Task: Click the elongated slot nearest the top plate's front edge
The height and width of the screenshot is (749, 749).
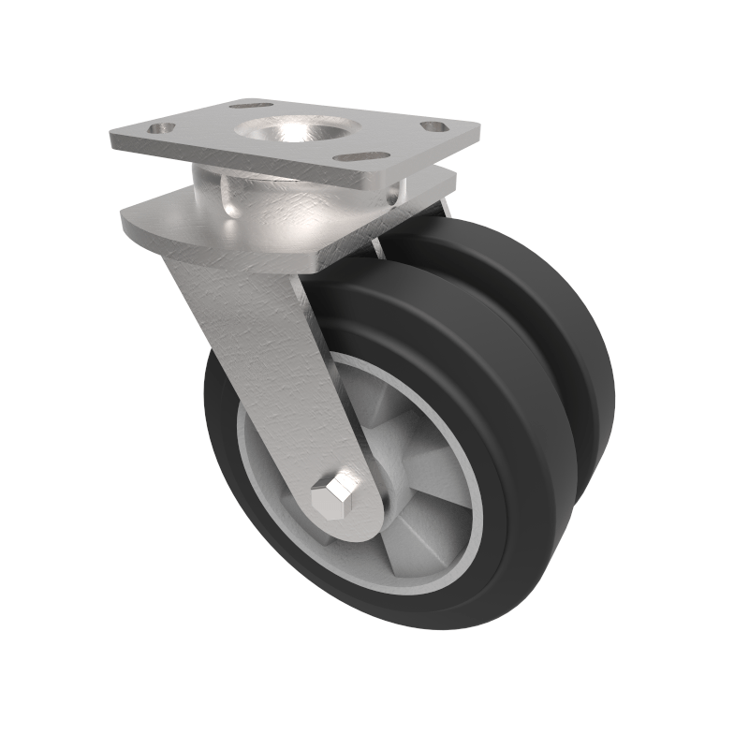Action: pos(362,156)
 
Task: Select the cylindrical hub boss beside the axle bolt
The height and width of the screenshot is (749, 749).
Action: pos(379,487)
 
